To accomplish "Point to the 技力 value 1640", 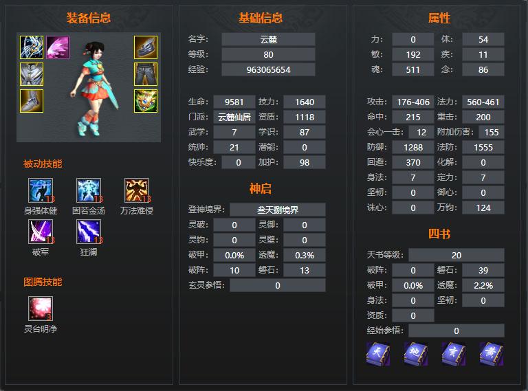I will point(305,102).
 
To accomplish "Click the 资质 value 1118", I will point(305,117).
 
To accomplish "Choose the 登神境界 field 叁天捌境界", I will point(278,210).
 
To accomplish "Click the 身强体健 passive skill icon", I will point(41,190).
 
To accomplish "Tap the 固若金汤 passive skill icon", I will point(89,190).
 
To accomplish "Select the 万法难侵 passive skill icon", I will point(137,190).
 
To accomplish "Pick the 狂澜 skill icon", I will point(89,232).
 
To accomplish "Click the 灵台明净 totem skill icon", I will point(41,309).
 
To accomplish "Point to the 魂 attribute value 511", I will point(412,69).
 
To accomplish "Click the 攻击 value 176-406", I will point(413,102).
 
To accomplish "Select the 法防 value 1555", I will point(483,147).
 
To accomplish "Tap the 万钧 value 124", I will point(483,208).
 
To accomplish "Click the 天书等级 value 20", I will point(456,255).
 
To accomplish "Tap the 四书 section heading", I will point(439,234).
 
